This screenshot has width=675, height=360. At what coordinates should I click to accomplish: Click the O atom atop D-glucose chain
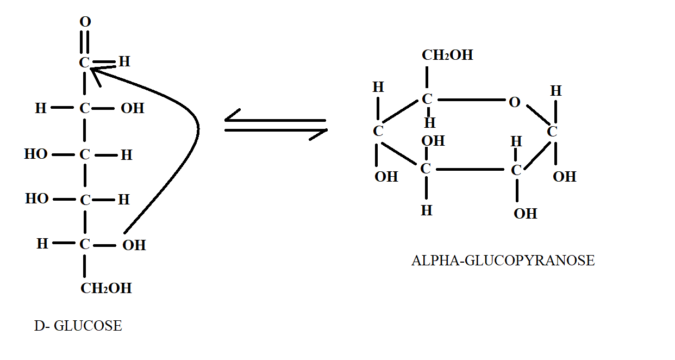85,22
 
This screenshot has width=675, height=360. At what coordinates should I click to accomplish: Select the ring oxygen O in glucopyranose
514,102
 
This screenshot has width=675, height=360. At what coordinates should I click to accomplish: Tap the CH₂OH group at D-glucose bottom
106,288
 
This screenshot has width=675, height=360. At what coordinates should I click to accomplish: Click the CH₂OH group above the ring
447,55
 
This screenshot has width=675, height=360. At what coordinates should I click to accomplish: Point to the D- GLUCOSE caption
78,326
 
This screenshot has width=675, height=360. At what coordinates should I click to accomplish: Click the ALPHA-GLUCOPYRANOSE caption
503,260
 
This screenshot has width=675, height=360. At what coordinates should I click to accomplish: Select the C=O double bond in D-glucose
84,42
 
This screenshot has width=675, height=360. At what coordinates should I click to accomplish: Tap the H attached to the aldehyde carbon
124,61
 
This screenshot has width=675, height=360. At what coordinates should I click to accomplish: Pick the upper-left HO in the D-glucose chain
36,154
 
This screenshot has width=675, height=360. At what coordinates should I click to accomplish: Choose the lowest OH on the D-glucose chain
134,245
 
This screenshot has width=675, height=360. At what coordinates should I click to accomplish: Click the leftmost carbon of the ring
378,131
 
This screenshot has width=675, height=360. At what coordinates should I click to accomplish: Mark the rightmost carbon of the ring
552,132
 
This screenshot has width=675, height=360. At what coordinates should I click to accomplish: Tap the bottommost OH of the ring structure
525,214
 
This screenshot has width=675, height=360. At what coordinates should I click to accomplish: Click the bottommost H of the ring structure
427,210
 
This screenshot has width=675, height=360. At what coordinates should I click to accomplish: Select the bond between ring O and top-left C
471,100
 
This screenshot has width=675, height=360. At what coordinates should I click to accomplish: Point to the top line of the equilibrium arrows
275,120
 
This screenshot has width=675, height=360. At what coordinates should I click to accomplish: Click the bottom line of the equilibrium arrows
276,131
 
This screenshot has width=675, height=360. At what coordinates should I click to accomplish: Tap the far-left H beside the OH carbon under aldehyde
41,108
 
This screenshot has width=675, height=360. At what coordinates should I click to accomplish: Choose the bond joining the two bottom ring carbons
470,170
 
